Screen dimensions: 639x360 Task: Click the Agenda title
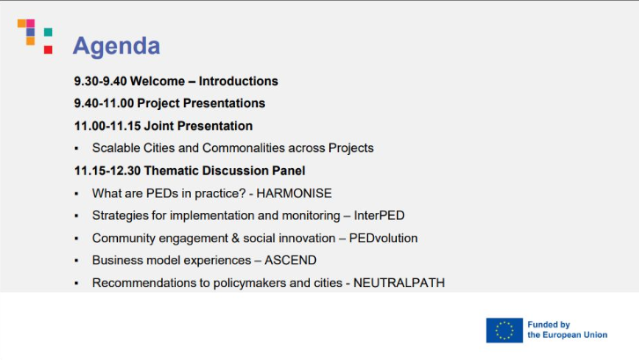click(x=116, y=46)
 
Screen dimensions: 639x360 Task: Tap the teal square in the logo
click(x=48, y=32)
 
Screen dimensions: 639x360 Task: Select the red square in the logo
click(x=48, y=50)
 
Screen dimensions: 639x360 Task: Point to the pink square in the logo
click(x=31, y=23)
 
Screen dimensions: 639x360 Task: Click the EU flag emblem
click(x=504, y=330)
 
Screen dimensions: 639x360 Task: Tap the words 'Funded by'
click(x=548, y=325)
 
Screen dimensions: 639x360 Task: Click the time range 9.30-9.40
click(x=100, y=81)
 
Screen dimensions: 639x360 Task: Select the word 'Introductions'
click(x=239, y=81)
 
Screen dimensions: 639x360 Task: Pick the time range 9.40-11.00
click(x=104, y=103)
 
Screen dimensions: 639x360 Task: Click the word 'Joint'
click(x=159, y=126)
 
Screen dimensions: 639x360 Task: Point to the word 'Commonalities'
click(x=243, y=148)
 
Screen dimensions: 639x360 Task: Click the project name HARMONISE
click(x=294, y=194)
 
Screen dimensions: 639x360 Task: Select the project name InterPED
click(x=379, y=216)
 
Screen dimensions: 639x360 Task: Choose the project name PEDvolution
click(x=384, y=239)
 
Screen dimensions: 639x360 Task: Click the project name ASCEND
click(x=290, y=261)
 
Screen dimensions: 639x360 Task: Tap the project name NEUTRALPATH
click(x=399, y=283)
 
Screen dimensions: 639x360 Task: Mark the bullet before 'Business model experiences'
click(x=77, y=261)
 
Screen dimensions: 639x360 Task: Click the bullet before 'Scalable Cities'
click(x=77, y=149)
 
